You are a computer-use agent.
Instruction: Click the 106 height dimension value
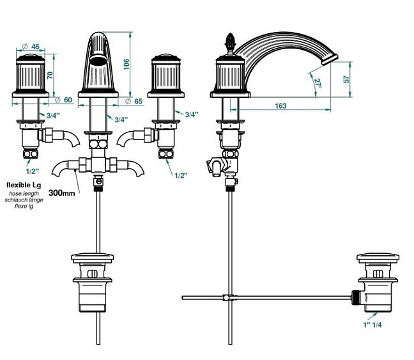pos(126,64)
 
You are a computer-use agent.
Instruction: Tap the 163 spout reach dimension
pos(280,106)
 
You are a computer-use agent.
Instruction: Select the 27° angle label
pos(318,82)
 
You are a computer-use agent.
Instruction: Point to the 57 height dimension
pos(346,79)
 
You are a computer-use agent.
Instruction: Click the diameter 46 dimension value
pos(31,47)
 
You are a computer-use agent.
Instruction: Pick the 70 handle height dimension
pos(50,75)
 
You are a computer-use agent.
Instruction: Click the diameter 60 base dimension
pos(64,100)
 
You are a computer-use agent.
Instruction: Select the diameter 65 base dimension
pos(134,101)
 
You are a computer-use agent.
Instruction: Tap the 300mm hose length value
pos(62,192)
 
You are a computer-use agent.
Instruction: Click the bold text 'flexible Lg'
pos(24,185)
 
